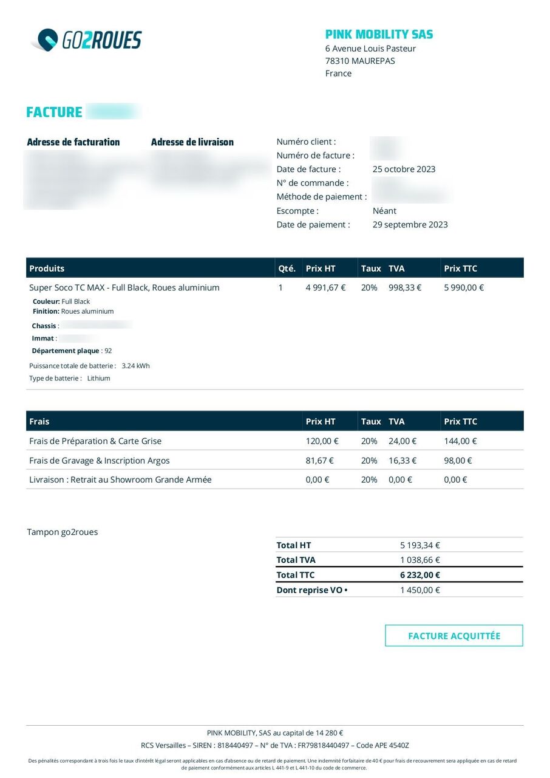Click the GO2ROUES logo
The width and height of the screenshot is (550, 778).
(86, 40)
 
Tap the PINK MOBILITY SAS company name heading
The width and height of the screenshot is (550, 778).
(379, 35)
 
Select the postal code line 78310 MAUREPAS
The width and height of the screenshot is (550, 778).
(360, 61)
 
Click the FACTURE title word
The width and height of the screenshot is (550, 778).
(54, 112)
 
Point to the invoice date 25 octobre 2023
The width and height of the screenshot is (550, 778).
(404, 169)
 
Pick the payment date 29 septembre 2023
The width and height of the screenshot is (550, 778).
(410, 224)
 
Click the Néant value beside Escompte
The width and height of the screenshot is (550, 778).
(384, 211)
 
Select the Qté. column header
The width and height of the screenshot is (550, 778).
(287, 268)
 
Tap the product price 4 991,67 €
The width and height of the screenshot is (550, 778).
(325, 287)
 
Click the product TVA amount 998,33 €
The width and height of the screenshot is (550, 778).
(405, 287)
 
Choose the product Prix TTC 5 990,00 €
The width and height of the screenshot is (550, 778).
(464, 287)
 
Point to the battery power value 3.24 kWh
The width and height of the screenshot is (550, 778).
(135, 366)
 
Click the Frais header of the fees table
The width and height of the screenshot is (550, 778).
(39, 421)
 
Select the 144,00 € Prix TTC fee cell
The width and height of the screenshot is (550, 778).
(460, 441)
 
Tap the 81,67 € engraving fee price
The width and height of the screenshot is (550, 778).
(319, 461)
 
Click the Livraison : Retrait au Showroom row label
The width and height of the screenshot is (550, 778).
(120, 480)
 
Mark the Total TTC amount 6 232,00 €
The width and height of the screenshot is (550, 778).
(419, 575)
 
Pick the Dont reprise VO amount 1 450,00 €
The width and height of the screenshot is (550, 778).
(419, 590)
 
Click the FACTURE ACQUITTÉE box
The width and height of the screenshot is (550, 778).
(454, 636)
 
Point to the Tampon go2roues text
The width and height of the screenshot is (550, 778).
(63, 532)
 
